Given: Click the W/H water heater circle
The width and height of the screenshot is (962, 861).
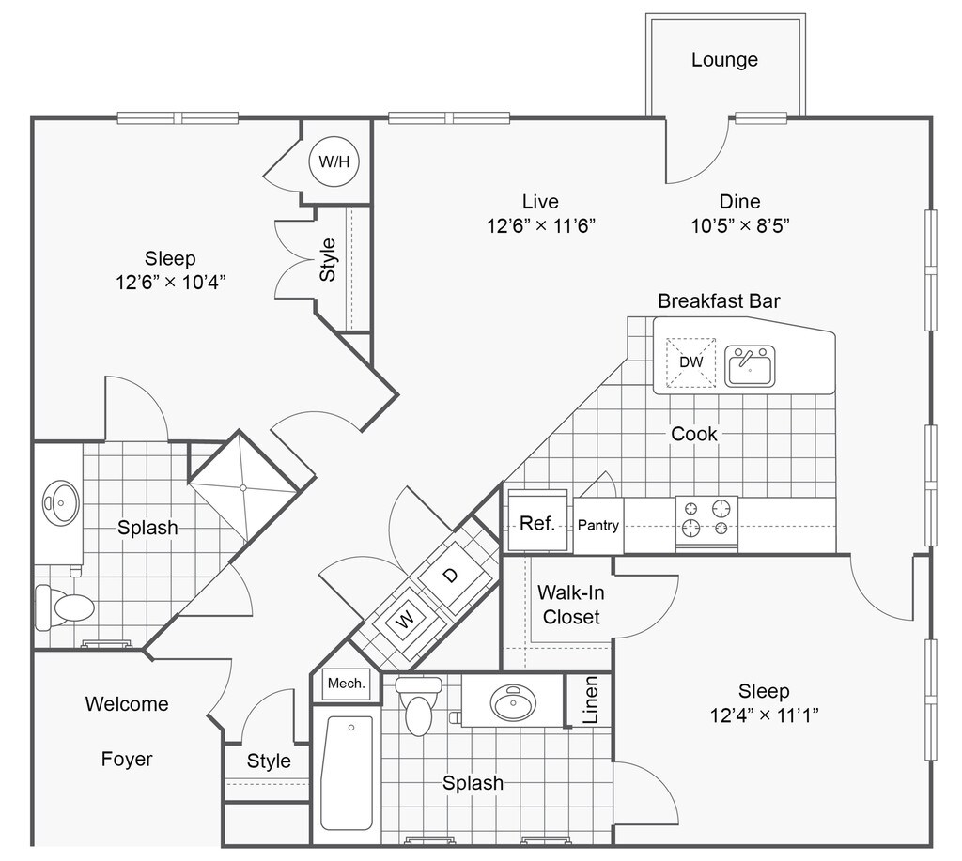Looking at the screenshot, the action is pos(334,161).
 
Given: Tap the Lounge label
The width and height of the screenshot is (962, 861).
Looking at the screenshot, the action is pos(724,59).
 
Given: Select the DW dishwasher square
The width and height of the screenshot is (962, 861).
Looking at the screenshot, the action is pos(690,361).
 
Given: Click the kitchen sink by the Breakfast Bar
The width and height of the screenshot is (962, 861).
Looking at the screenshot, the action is pos(750,366).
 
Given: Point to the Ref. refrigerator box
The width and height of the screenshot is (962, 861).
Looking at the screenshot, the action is pos(537,522).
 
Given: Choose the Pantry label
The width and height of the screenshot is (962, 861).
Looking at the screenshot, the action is pos(598,525).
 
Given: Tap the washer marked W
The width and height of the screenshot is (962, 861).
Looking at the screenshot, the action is pos(404,620).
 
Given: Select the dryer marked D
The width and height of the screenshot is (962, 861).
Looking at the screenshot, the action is pos(450,576).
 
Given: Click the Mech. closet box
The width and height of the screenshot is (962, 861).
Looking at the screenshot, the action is pos(347,684).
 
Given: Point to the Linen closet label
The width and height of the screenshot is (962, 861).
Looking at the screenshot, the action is pos(590,700).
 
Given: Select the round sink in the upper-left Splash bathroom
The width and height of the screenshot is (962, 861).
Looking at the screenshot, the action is pos(61,503).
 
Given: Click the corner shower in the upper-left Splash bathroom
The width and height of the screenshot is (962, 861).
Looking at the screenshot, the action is pos(243,488).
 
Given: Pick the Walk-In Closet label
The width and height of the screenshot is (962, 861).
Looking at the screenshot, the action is pos(571,605).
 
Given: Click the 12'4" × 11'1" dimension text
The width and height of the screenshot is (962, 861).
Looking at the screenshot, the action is pos(765,715).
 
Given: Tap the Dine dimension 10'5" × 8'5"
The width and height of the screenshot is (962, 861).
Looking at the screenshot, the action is pos(740,225).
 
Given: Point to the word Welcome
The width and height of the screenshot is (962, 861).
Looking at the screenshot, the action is pos(127,703).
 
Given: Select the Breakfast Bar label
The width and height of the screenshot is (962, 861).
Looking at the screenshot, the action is pos(719,301).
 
